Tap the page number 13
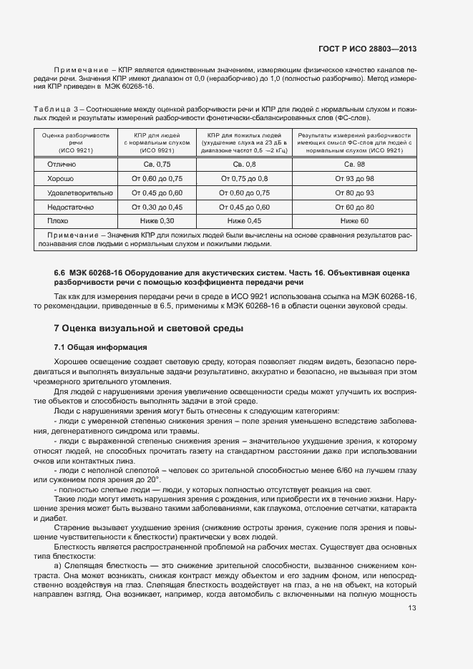pyautogui.click(x=412, y=608)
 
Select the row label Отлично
pyautogui.click(x=62, y=164)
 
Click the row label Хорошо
pyautogui.click(x=62, y=178)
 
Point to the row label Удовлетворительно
pyautogui.click(x=80, y=192)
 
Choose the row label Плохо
pyautogui.click(x=57, y=221)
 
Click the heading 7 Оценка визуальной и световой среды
pyautogui.click(x=149, y=328)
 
